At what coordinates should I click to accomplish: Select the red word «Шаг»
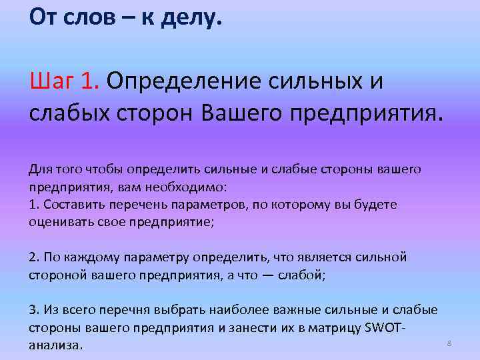(49, 81)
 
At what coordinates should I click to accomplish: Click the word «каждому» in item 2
(91, 257)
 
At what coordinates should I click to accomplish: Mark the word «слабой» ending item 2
(303, 274)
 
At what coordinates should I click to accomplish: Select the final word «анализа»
(56, 345)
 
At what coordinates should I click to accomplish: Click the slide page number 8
(449, 343)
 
